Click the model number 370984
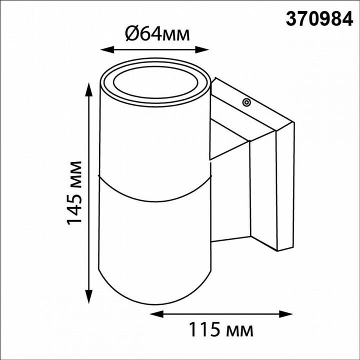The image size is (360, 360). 319,19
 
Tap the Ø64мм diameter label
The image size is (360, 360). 157,34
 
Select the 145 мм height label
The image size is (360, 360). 74,193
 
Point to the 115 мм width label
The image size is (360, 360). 220,329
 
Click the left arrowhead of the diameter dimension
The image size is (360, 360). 107,49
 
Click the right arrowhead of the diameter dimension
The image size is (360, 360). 202,49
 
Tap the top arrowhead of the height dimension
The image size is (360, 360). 88,90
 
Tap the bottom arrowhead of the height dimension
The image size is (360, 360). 88,296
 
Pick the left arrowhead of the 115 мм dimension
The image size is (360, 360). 156,314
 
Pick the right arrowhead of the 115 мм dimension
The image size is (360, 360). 286,314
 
